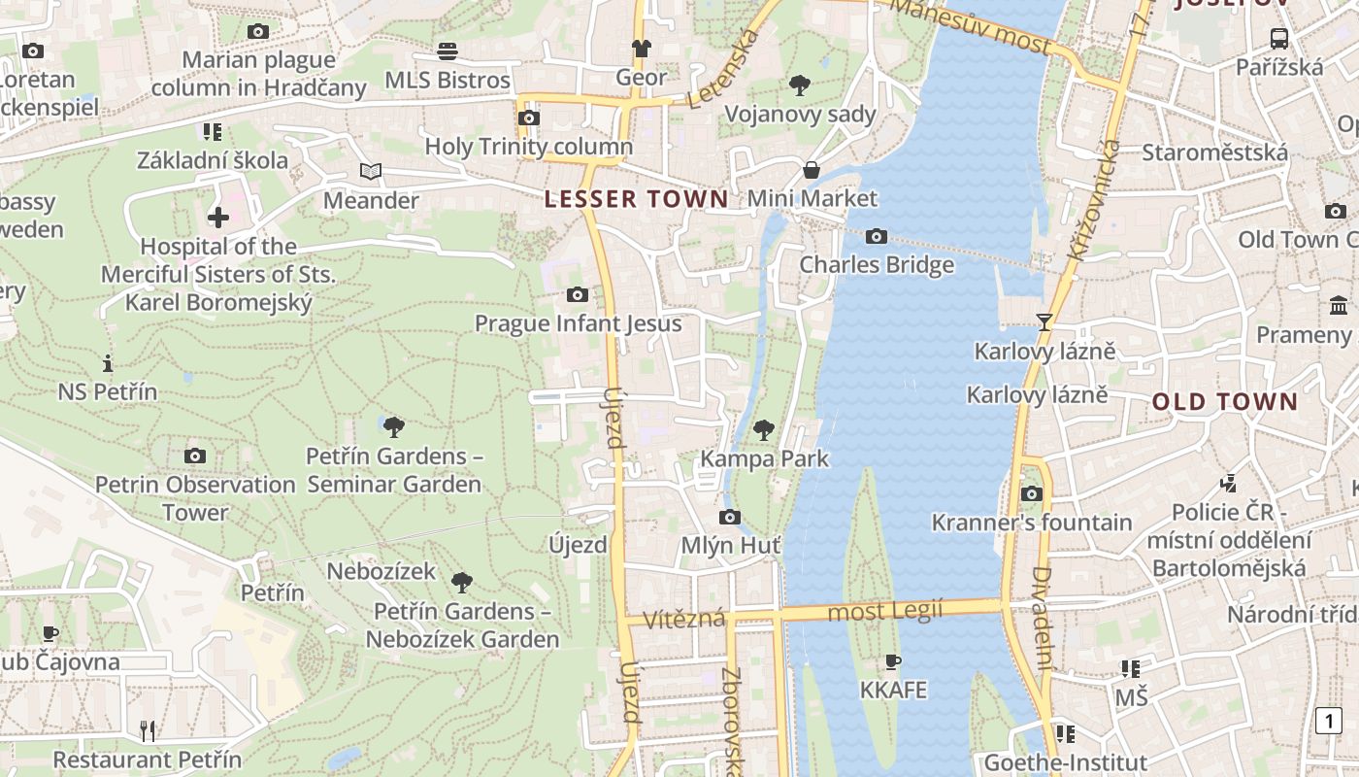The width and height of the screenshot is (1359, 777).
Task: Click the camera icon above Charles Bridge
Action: (876, 236)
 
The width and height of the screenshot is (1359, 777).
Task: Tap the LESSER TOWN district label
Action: (636, 200)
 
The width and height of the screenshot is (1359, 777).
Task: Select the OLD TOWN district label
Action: (1224, 402)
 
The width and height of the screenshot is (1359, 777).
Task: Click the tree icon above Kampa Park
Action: (764, 428)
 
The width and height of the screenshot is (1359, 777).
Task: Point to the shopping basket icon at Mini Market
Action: (812, 170)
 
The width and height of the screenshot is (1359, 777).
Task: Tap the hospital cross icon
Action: (218, 217)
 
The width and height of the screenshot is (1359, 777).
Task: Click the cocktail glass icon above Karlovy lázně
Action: (1044, 321)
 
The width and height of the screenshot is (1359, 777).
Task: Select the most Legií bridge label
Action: (884, 612)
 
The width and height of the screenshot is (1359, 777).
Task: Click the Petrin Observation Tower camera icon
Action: (195, 456)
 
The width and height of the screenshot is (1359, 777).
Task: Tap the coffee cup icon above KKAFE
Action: (893, 661)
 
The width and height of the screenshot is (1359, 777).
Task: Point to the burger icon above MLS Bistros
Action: (447, 51)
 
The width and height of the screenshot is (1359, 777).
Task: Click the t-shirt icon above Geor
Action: (641, 48)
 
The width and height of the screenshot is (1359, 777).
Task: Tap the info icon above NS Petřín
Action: (108, 364)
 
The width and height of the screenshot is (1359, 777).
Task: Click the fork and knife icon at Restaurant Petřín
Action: (148, 730)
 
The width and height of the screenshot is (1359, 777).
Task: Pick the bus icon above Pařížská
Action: (1279, 39)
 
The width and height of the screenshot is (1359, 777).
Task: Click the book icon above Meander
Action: (370, 172)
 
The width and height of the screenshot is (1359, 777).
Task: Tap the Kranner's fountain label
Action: (1031, 523)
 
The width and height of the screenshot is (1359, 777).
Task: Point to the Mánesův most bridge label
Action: (970, 26)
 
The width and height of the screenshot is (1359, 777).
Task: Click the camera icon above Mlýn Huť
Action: (730, 517)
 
